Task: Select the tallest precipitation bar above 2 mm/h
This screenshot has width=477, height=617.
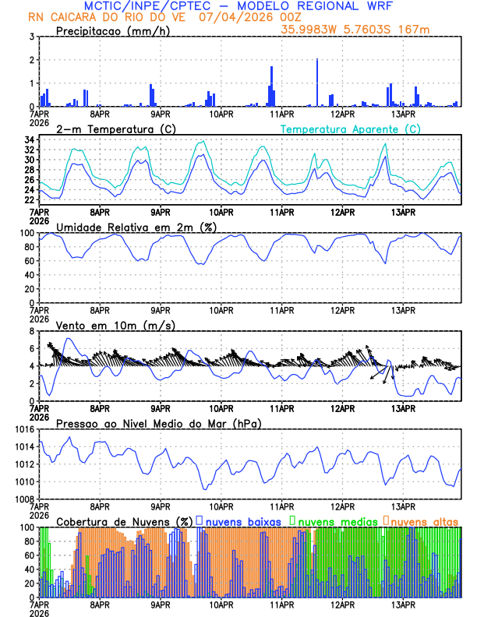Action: click(317, 83)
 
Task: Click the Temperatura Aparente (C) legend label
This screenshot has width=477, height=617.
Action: click(350, 129)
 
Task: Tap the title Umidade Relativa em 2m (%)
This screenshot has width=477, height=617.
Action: click(136, 227)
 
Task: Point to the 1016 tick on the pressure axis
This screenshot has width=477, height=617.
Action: click(23, 429)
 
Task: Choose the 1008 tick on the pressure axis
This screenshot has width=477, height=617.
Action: click(23, 499)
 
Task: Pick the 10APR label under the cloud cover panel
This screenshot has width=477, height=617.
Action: click(221, 604)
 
